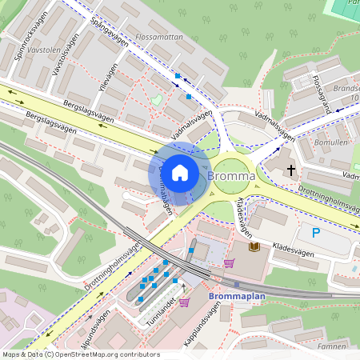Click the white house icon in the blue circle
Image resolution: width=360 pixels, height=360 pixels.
coord(180,172)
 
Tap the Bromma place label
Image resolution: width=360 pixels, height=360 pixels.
coord(231,175)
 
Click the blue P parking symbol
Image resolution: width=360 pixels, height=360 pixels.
coord(316,234)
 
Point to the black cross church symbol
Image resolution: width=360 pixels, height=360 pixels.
coord(290,170)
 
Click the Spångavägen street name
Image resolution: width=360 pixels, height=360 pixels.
coord(110,34)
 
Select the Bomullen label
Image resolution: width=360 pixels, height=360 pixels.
coord(331,142)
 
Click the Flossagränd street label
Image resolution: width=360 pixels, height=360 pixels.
coord(322,95)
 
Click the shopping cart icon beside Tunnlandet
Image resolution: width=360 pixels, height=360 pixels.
coord(184,302)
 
